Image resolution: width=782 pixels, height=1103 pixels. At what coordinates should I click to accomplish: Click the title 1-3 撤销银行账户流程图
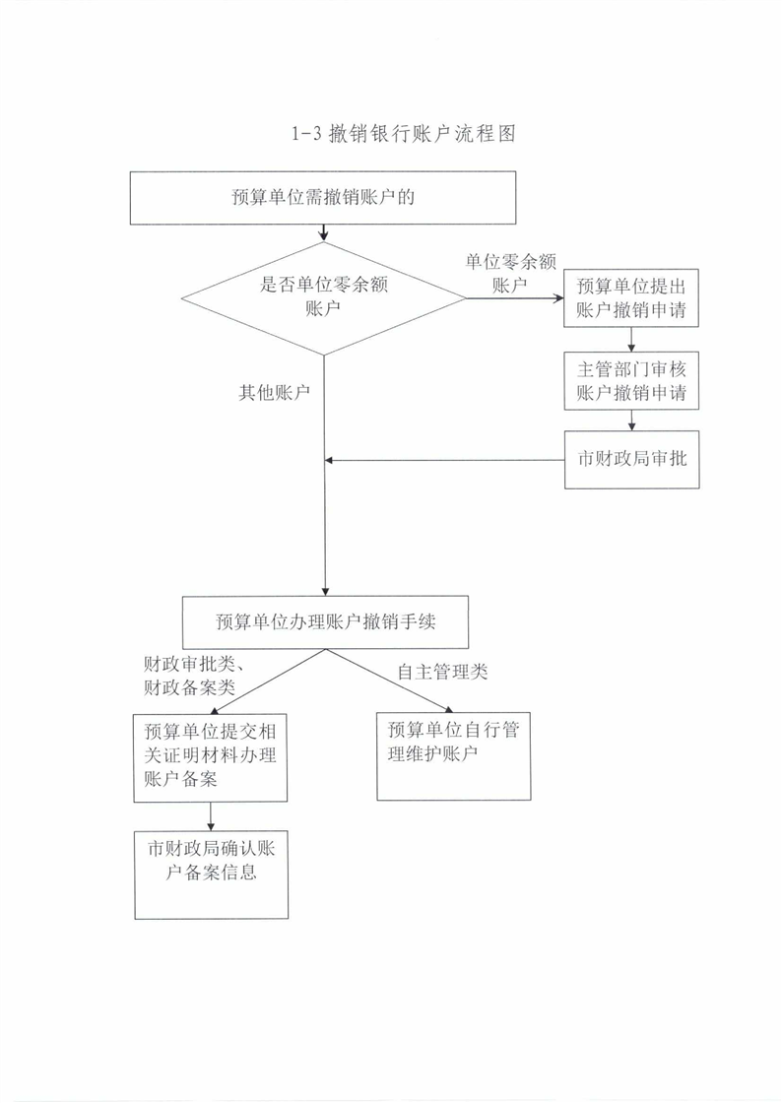[404, 133]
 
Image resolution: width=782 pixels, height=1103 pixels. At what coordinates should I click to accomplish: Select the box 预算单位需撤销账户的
[323, 198]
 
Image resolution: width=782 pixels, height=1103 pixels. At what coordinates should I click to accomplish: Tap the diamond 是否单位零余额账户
[323, 298]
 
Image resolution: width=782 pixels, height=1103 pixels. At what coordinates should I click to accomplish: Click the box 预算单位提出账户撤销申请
[630, 297]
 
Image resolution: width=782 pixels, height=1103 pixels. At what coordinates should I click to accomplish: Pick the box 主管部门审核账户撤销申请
[630, 380]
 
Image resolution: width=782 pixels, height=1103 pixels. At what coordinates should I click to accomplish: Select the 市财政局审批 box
[631, 459]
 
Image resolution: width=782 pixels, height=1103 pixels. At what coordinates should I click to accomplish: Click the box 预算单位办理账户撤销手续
[325, 622]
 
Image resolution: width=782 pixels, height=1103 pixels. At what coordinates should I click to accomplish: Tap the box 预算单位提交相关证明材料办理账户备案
[210, 757]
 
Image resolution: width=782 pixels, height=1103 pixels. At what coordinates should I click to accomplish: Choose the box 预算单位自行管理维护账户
[454, 756]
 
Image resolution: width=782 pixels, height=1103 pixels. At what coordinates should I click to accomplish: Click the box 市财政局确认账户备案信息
[211, 875]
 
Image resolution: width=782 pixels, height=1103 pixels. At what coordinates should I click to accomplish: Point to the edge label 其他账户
[274, 393]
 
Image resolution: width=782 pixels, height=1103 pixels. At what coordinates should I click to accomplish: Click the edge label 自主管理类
[442, 672]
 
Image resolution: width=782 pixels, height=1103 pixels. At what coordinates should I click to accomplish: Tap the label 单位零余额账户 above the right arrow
[510, 274]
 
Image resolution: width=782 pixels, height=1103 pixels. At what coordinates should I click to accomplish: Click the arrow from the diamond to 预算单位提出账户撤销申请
[515, 298]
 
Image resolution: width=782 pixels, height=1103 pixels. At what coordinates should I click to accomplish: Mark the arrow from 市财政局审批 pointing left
[444, 460]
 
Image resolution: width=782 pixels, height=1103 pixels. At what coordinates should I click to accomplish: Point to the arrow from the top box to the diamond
[323, 233]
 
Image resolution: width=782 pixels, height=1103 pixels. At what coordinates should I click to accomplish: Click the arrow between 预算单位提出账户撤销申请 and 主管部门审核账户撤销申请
[631, 340]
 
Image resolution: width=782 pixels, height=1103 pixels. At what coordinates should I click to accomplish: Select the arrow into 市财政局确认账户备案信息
[210, 816]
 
